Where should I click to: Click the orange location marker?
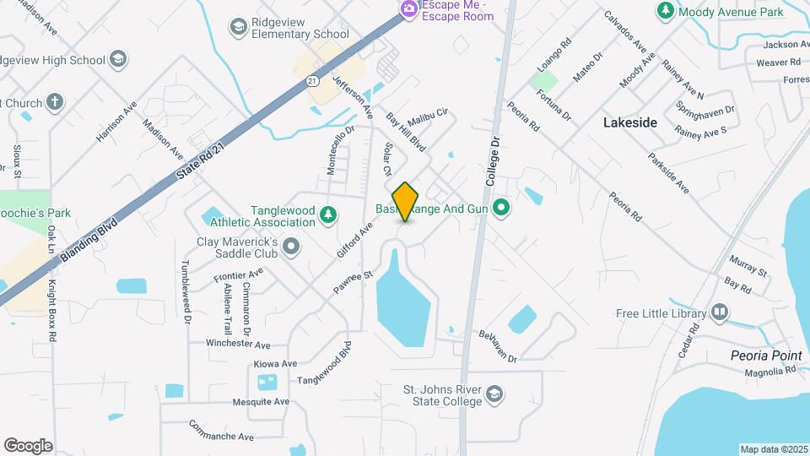pyautogui.click(x=406, y=202)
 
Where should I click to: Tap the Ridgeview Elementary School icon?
pyautogui.click(x=239, y=27)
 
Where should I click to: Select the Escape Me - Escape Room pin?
pyautogui.click(x=409, y=9)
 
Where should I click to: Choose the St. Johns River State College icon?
pyautogui.click(x=494, y=394)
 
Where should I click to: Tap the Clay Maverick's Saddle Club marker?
pyautogui.click(x=292, y=247)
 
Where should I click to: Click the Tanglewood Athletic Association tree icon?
pyautogui.click(x=328, y=216)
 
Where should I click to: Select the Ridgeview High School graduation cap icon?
pyautogui.click(x=118, y=59)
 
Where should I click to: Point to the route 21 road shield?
pyautogui.click(x=312, y=80)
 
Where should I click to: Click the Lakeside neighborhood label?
pyautogui.click(x=629, y=122)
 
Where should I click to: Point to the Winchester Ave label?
pyautogui.click(x=239, y=345)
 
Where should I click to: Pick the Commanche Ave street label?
pyautogui.click(x=221, y=431)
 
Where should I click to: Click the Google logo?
pyautogui.click(x=28, y=446)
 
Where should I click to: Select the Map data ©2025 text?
pyautogui.click(x=773, y=449)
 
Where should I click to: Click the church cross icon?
pyautogui.click(x=56, y=103)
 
